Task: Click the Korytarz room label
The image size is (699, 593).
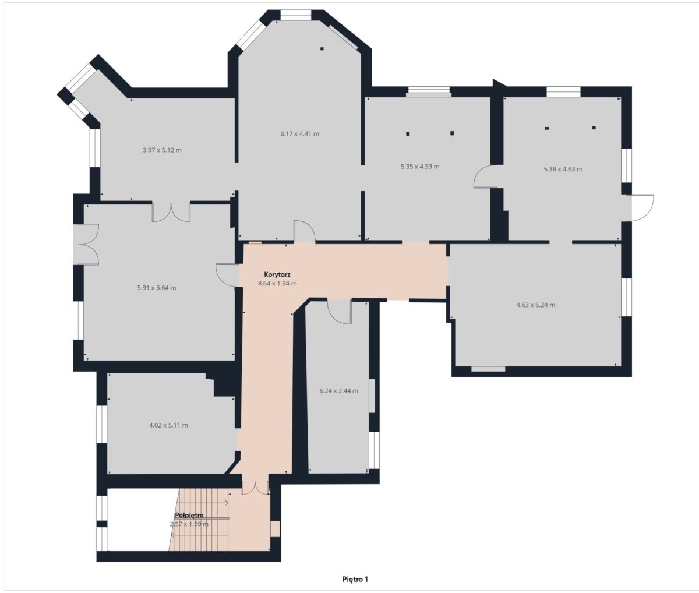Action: tap(277, 274)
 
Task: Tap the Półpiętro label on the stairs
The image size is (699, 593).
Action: tap(189, 515)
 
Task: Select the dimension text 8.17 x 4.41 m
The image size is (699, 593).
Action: tap(299, 133)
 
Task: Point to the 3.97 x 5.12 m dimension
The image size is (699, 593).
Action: tap(162, 150)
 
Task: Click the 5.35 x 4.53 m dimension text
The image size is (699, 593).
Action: tap(420, 167)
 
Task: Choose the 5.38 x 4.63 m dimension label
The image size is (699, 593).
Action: tap(563, 169)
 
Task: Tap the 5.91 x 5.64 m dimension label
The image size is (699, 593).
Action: tap(157, 288)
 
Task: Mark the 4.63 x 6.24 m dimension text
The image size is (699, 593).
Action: tap(536, 305)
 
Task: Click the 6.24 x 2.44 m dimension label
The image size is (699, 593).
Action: tap(338, 391)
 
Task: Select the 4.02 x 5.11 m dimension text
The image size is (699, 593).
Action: tap(168, 425)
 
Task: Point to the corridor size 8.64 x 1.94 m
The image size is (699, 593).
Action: tap(277, 284)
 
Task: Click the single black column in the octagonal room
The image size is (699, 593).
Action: tap(322, 49)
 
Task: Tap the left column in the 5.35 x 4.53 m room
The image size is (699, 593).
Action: tap(408, 133)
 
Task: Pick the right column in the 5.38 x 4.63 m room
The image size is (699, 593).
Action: tap(594, 128)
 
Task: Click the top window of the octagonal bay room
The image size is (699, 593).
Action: tap(296, 15)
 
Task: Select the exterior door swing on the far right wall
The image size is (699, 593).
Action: tap(640, 208)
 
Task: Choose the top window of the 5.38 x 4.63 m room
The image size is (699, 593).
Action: tap(563, 92)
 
